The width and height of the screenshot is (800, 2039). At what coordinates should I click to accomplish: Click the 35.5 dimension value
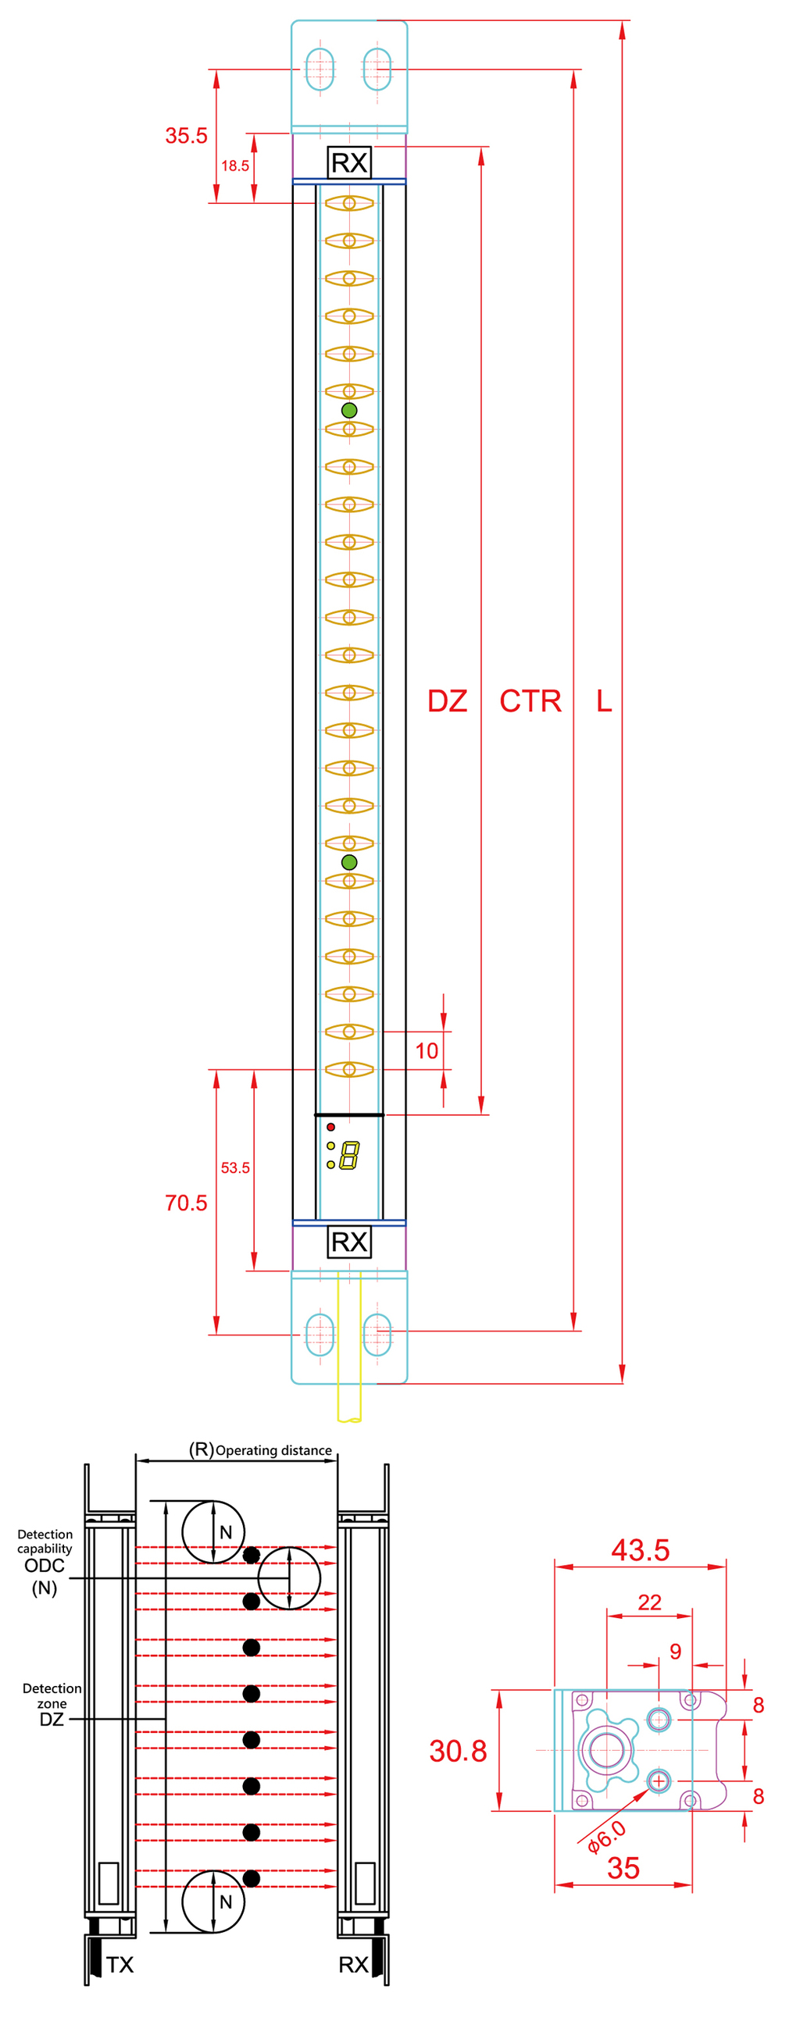(x=186, y=135)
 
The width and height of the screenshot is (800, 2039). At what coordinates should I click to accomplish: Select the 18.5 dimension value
(x=234, y=166)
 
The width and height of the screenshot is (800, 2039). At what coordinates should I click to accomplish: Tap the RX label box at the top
(x=348, y=162)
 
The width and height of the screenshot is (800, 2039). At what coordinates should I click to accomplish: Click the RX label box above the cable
(x=348, y=1241)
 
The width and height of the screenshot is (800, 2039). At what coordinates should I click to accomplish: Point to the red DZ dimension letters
(x=447, y=701)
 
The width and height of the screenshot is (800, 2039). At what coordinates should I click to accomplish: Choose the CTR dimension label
(x=530, y=701)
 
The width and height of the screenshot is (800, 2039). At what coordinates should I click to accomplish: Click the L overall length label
(x=604, y=701)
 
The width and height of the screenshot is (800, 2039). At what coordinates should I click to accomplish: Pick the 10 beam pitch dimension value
(x=426, y=1050)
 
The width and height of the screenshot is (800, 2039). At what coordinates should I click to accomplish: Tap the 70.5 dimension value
(x=185, y=1203)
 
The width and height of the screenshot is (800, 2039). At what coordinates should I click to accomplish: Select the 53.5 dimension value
(x=234, y=1167)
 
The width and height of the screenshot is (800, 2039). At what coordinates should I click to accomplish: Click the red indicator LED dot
(x=330, y=1126)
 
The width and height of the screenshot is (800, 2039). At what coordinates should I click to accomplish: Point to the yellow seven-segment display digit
(x=349, y=1156)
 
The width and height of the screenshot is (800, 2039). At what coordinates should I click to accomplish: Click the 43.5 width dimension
(x=640, y=1550)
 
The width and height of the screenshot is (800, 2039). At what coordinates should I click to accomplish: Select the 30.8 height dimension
(x=458, y=1751)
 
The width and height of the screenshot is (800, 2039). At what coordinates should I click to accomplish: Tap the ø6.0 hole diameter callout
(x=607, y=1837)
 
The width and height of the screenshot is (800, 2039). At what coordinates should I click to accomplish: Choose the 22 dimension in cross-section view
(x=649, y=1602)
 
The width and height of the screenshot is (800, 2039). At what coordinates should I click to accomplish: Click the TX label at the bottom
(x=120, y=1965)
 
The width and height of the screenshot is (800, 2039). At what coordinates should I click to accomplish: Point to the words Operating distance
(x=273, y=1450)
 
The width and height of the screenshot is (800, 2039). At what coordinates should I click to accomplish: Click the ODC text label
(x=45, y=1565)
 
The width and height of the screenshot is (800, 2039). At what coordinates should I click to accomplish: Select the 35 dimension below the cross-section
(x=623, y=1867)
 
